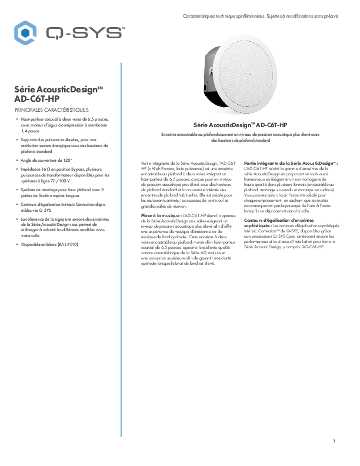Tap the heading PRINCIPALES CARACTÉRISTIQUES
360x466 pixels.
[x=52, y=109]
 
